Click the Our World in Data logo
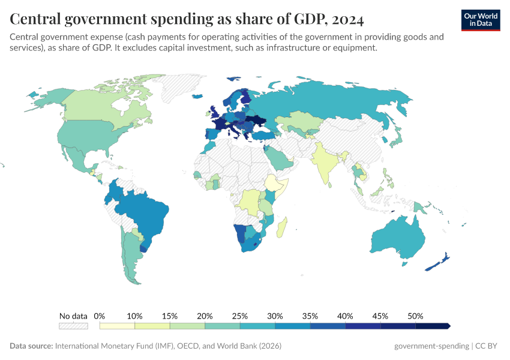click(481, 20)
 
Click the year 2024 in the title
click(347, 20)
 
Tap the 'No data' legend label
click(73, 316)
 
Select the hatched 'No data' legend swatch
click(73, 326)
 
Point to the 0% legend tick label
click(100, 316)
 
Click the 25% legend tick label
click(240, 316)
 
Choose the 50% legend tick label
click(415, 316)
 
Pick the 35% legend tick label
click(310, 316)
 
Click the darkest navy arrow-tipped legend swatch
click(433, 326)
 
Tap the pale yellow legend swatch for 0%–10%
click(117, 326)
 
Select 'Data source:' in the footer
click(31, 346)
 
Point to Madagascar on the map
click(282, 228)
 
